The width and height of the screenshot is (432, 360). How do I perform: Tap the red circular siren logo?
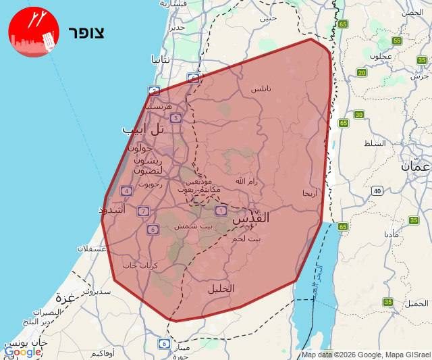[x=34, y=32]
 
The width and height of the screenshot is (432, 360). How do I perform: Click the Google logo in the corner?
[x=22, y=351]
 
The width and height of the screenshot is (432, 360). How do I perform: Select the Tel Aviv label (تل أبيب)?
[x=144, y=128]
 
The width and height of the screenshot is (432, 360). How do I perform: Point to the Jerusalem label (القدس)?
[x=251, y=219]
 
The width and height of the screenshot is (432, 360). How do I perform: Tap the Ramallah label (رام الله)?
[x=246, y=181]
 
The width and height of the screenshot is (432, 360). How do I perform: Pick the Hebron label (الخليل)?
[x=221, y=288]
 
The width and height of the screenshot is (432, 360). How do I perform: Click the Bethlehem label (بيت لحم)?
[x=246, y=238]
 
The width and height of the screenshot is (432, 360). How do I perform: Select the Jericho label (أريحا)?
[x=309, y=193]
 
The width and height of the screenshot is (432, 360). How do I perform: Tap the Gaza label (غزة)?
[x=65, y=297]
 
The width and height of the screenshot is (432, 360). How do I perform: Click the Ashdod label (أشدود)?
[x=112, y=210]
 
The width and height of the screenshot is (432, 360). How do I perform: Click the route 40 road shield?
[x=376, y=191]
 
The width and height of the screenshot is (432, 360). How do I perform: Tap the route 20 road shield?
[x=362, y=73]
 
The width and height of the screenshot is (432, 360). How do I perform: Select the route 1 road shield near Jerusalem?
[x=220, y=210]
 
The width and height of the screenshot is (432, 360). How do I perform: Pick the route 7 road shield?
[x=143, y=211]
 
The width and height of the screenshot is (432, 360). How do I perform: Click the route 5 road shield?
[x=175, y=118]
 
